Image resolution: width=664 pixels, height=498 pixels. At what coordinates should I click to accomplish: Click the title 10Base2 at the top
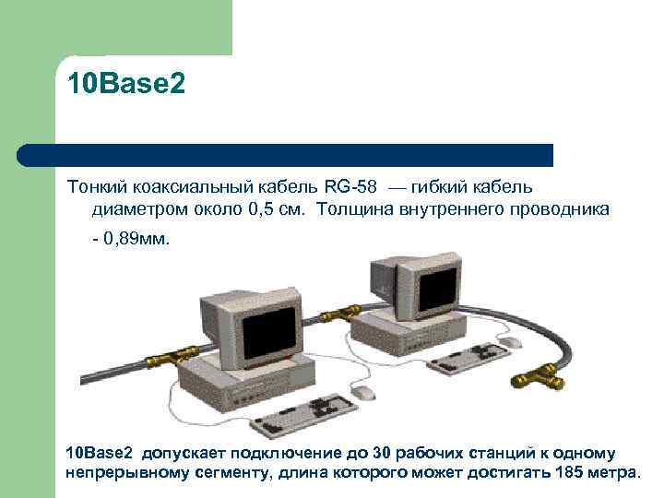coord(125,85)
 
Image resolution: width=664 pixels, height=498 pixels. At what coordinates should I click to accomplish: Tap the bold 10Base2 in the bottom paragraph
coord(101,454)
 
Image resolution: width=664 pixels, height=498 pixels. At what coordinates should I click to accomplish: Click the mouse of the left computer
coord(365,392)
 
